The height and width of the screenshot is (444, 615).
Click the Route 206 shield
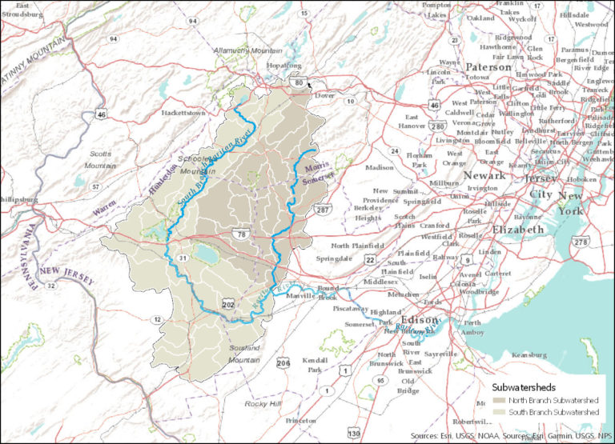pyautogui.click(x=282, y=364)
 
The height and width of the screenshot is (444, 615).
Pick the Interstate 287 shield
pyautogui.click(x=322, y=210)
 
